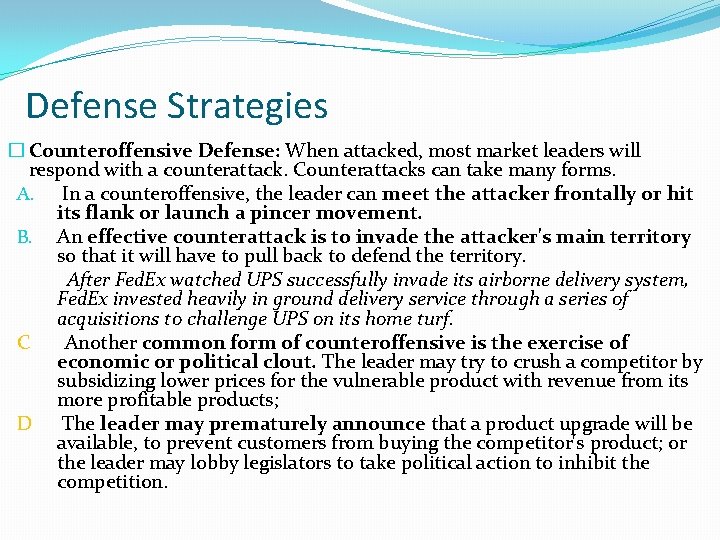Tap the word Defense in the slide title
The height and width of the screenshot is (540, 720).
86,106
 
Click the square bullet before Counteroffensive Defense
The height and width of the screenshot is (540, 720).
13,151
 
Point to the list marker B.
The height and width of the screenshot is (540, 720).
26,237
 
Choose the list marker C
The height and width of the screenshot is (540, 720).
23,343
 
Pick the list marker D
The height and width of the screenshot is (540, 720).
24,423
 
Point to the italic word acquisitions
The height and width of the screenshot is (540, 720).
107,320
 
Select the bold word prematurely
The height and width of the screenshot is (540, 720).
266,423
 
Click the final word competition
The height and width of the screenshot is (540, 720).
112,483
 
